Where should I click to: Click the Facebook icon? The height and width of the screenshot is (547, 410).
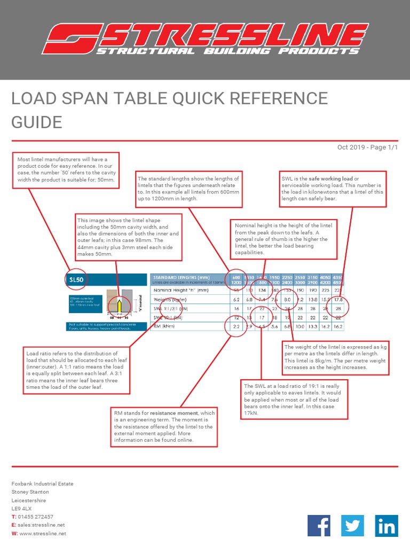click(x=319, y=526)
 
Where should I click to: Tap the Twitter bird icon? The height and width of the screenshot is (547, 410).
click(x=352, y=526)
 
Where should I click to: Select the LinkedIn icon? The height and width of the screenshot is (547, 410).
click(x=386, y=526)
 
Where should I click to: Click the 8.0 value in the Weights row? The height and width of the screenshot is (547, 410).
click(x=287, y=300)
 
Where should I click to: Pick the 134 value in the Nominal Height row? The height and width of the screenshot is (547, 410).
click(x=262, y=290)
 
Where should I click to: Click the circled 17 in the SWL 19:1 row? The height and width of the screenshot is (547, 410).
click(x=262, y=317)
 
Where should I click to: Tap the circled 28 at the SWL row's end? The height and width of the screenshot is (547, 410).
click(x=338, y=309)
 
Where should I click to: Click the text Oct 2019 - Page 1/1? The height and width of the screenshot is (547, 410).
click(x=367, y=147)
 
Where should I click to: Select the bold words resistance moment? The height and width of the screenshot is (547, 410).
click(x=171, y=413)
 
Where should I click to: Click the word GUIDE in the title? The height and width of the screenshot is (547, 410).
click(x=37, y=122)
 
